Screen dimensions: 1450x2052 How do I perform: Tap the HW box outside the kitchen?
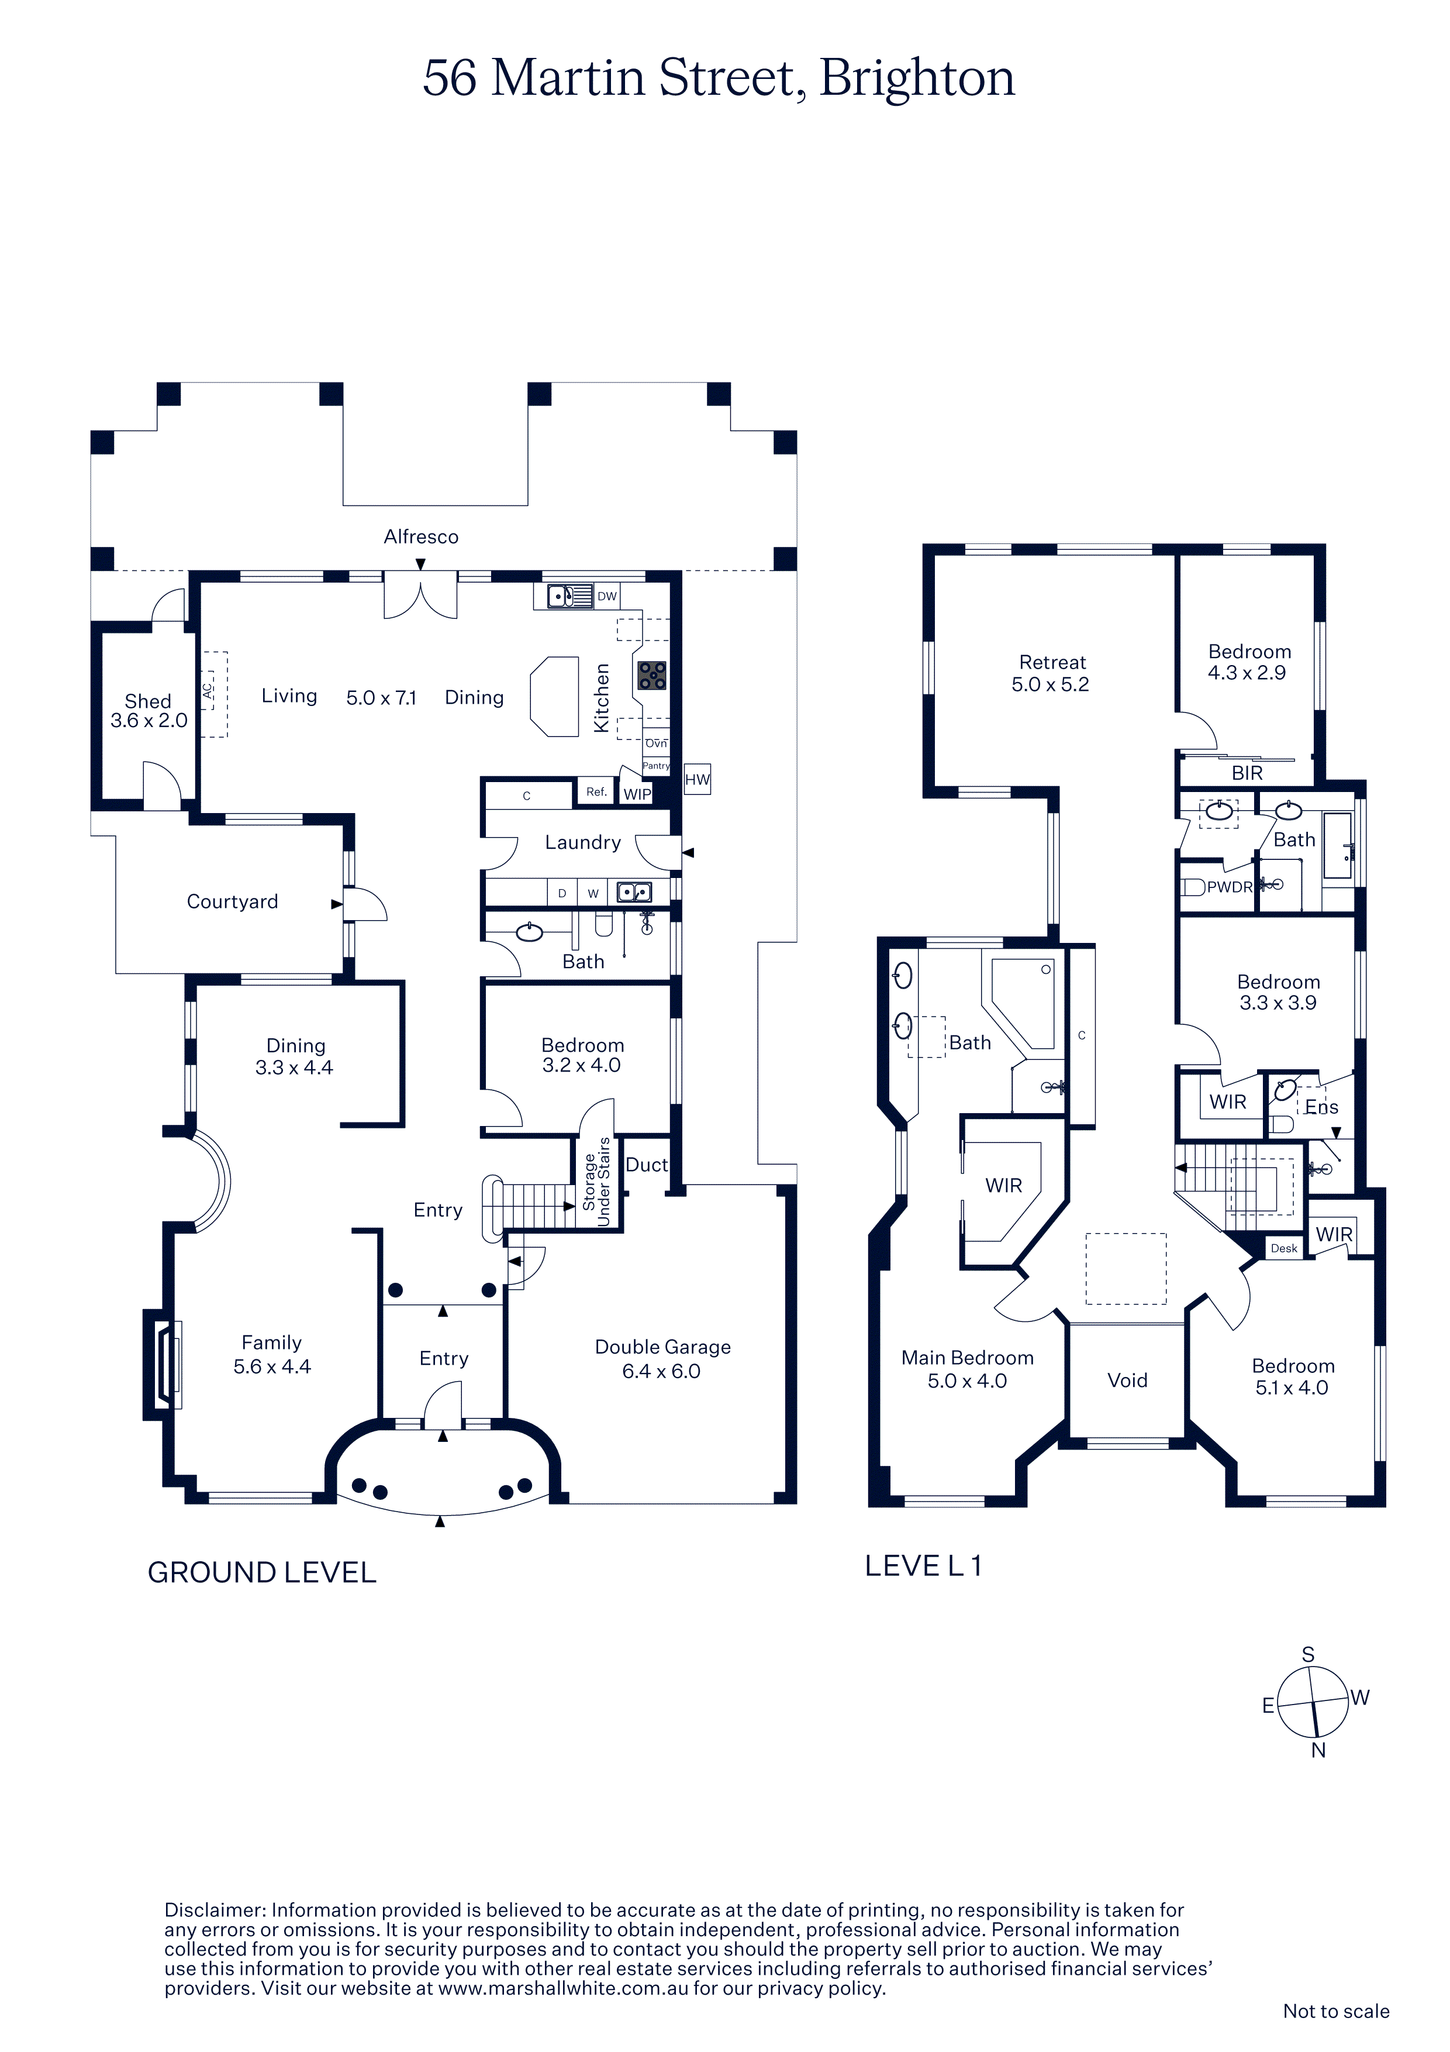(697, 779)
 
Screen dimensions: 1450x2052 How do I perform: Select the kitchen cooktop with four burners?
(652, 676)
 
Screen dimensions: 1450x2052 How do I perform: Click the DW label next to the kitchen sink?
(607, 596)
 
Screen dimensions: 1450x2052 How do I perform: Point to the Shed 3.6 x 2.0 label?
(149, 711)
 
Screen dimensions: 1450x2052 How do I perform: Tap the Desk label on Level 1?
(1284, 1248)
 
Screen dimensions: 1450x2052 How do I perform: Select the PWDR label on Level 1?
(1230, 887)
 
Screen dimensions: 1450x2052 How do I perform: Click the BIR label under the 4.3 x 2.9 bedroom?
(1247, 773)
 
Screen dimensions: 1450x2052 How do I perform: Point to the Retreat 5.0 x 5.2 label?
(1051, 673)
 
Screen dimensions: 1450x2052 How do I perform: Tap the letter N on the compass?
(1318, 1750)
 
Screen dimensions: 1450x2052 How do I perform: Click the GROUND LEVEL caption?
(262, 1572)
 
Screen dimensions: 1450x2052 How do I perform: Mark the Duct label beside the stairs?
(647, 1165)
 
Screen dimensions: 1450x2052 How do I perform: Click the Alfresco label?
(421, 536)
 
